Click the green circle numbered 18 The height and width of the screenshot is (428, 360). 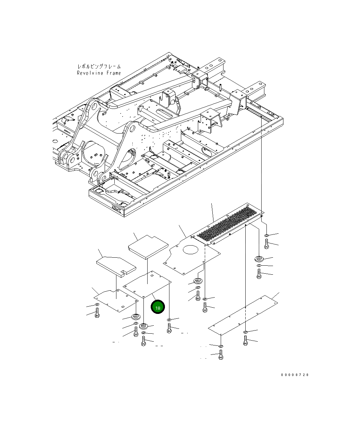(158, 307)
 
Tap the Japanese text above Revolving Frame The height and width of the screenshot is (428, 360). (99, 66)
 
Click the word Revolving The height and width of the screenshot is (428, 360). (90, 73)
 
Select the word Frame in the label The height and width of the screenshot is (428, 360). (114, 73)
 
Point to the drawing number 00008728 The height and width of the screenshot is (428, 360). (295, 375)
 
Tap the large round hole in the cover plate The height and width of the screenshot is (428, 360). (191, 250)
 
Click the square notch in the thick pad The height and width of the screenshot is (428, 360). (123, 272)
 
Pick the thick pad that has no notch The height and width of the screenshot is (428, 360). (148, 247)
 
